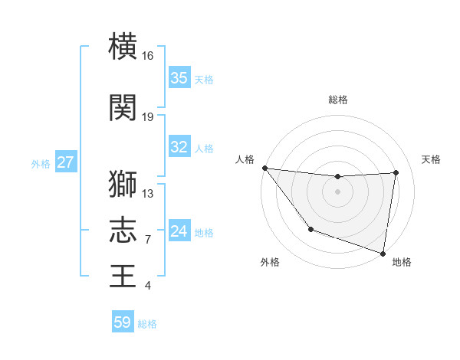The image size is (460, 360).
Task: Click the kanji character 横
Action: click(123, 47)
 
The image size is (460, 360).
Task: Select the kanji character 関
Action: click(123, 108)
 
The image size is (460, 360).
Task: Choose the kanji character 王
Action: click(123, 276)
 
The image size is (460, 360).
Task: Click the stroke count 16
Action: click(148, 56)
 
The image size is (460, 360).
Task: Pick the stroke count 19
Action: click(148, 117)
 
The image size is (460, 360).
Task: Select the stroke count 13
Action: click(148, 193)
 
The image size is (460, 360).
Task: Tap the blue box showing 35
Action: click(179, 78)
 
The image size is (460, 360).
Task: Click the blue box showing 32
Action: click(179, 147)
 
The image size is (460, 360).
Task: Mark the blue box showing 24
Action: click(179, 231)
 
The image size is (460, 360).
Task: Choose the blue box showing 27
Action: click(66, 162)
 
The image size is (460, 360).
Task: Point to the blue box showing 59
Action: click(123, 322)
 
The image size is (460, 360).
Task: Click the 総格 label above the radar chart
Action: click(337, 100)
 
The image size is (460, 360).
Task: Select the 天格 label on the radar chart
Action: click(431, 159)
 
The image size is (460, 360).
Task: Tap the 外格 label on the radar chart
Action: click(270, 262)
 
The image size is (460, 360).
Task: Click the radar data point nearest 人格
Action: click(264, 168)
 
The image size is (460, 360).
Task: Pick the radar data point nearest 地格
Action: click(383, 253)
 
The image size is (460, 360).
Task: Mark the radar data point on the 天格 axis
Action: click(396, 172)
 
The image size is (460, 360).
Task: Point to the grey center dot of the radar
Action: click(337, 191)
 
